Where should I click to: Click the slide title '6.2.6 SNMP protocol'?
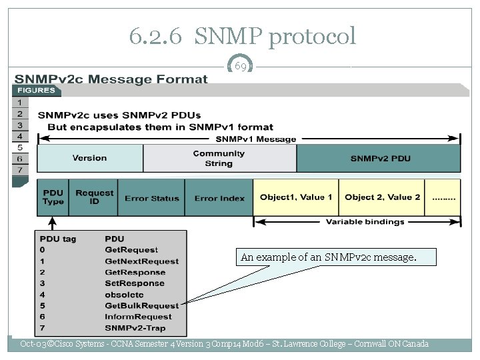[243, 36]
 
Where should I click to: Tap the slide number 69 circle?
[241, 67]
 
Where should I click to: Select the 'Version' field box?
[89, 158]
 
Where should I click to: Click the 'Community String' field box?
[219, 158]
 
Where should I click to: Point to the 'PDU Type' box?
[53, 197]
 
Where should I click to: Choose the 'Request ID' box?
[94, 197]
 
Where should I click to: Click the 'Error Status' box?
[151, 198]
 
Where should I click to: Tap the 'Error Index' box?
[219, 198]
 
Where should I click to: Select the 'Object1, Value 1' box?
[296, 197]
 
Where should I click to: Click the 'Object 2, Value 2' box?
[382, 197]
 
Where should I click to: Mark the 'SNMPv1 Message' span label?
[255, 139]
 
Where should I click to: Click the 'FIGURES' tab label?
[36, 90]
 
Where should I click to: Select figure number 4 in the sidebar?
[20, 136]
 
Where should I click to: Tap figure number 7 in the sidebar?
[20, 170]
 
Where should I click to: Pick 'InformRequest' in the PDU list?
[137, 317]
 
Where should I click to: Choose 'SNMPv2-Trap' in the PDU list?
[135, 328]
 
